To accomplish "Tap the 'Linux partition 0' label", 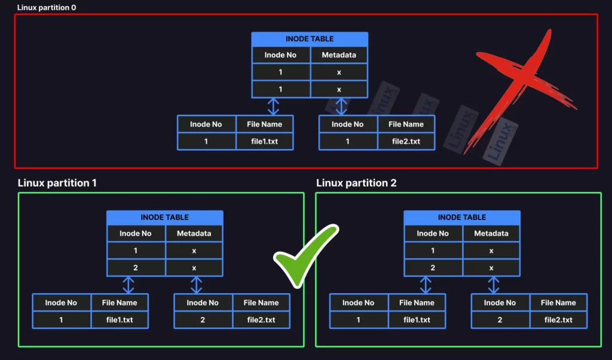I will pyautogui.click(x=47, y=7).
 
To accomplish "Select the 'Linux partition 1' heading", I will pyautogui.click(x=57, y=183).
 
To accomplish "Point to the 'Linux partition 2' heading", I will pyautogui.click(x=356, y=183).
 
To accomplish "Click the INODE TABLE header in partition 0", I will pyautogui.click(x=310, y=39).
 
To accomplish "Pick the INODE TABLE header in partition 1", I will pyautogui.click(x=164, y=217).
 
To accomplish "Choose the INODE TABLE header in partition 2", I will pyautogui.click(x=462, y=217).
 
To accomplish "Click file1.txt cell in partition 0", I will pyautogui.click(x=264, y=142).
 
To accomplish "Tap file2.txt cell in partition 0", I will pyautogui.click(x=406, y=142).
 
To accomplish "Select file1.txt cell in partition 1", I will pyautogui.click(x=120, y=320).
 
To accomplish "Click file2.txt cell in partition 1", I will pyautogui.click(x=261, y=320).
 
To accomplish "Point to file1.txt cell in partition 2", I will pyautogui.click(x=417, y=320).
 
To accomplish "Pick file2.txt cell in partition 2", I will pyautogui.click(x=558, y=320).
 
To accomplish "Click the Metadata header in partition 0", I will pyautogui.click(x=339, y=55).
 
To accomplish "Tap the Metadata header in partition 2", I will pyautogui.click(x=491, y=233).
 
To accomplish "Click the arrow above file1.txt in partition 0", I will pyautogui.click(x=274, y=106).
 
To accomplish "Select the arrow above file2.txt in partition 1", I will pyautogui.click(x=197, y=285).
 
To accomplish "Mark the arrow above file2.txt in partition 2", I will pyautogui.click(x=494, y=285).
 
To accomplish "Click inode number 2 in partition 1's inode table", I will pyautogui.click(x=135, y=267).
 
